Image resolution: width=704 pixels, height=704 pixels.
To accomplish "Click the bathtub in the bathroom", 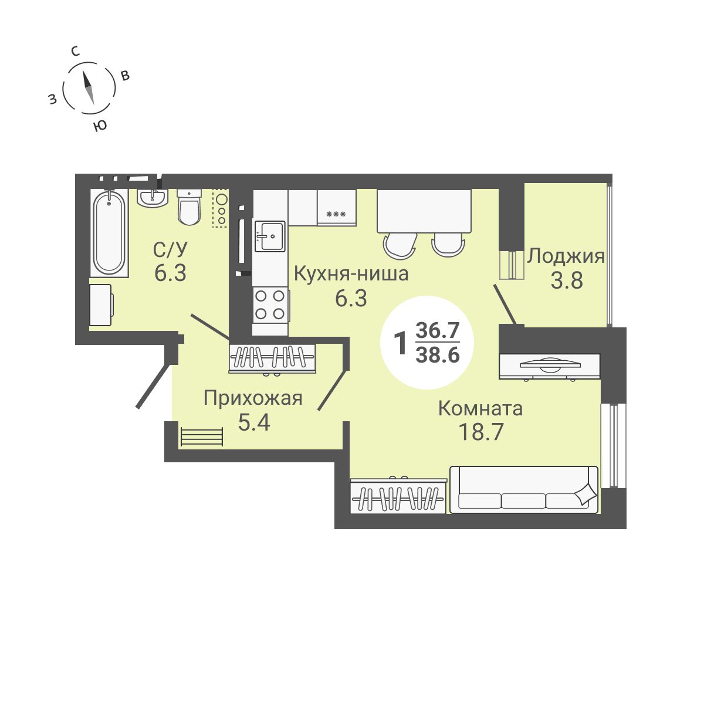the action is [109, 233].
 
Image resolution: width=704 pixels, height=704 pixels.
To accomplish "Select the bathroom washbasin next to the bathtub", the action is [153, 198].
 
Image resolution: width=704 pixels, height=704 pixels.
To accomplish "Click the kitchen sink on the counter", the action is [270, 236].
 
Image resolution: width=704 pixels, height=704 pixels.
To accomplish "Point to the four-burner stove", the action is [270, 305].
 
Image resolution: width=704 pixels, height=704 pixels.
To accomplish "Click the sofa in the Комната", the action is [524, 489].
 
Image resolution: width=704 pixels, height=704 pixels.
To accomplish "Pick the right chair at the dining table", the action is [448, 245].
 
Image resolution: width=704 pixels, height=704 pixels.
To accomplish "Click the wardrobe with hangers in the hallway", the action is [272, 358].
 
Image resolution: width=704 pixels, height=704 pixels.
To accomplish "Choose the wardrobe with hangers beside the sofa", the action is [398, 496].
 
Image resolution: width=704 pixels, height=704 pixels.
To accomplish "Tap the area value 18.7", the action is [481, 432].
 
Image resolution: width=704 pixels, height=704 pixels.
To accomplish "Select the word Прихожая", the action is [253, 398].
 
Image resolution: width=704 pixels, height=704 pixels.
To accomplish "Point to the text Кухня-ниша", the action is [351, 274].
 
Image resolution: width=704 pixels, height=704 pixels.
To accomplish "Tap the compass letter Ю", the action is [99, 126].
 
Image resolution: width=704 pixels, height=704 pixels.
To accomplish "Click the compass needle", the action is [89, 87].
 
